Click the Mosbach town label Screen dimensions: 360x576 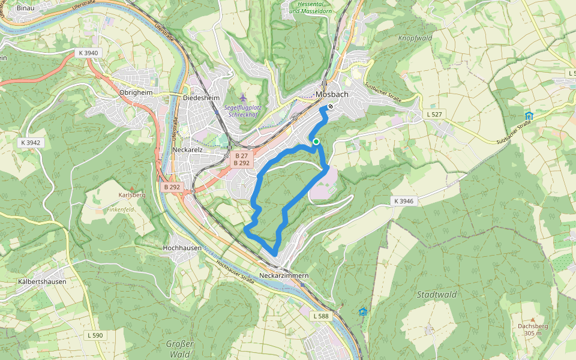point(332,94)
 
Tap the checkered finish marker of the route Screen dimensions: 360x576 point(331,106)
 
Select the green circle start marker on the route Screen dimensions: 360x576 point(316,142)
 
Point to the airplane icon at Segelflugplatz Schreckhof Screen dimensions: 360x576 point(242,97)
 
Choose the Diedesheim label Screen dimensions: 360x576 point(202,98)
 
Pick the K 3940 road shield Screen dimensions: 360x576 point(88,53)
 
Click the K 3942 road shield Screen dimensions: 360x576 point(30,142)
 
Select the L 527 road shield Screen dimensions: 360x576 point(436,114)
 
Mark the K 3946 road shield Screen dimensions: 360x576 point(404,200)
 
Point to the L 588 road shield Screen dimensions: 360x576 point(322,316)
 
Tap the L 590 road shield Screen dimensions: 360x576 point(95,335)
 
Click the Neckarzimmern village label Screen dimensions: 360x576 point(284,275)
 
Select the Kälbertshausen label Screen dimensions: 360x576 point(42,281)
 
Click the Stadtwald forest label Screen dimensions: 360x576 point(437,295)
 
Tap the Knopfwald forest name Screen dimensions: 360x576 point(415,38)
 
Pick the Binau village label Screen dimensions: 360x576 point(25,8)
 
